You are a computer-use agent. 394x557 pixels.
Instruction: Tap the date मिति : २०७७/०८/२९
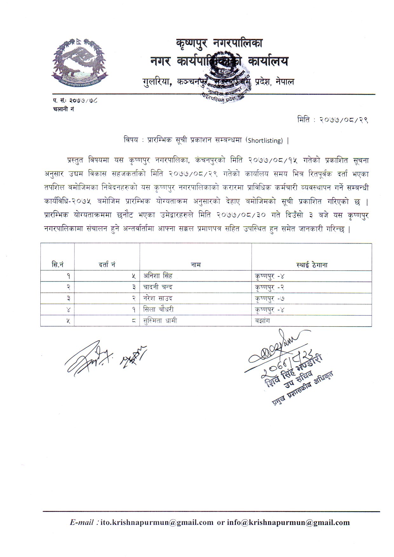[332, 120]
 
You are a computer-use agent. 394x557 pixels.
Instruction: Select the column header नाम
[196, 264]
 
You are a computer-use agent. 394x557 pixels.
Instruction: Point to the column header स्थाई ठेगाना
[311, 264]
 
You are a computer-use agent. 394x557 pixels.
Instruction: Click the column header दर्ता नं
[107, 264]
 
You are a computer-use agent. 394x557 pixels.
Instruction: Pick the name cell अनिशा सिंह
[158, 276]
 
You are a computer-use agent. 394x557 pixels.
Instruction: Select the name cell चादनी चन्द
[158, 287]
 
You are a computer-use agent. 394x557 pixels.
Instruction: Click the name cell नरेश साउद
[158, 298]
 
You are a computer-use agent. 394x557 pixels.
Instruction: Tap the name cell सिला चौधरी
[159, 309]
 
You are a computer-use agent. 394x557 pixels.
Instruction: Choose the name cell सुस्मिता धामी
[160, 321]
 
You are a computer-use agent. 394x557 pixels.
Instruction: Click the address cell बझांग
[262, 321]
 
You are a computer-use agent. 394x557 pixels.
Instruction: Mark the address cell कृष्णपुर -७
[269, 298]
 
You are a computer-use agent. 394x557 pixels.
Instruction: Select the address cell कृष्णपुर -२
[269, 287]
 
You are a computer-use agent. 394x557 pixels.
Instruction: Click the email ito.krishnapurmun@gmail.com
[157, 522]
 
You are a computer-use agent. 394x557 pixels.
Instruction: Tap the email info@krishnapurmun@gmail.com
[288, 522]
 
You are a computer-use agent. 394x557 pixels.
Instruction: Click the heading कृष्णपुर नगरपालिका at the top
[219, 43]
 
